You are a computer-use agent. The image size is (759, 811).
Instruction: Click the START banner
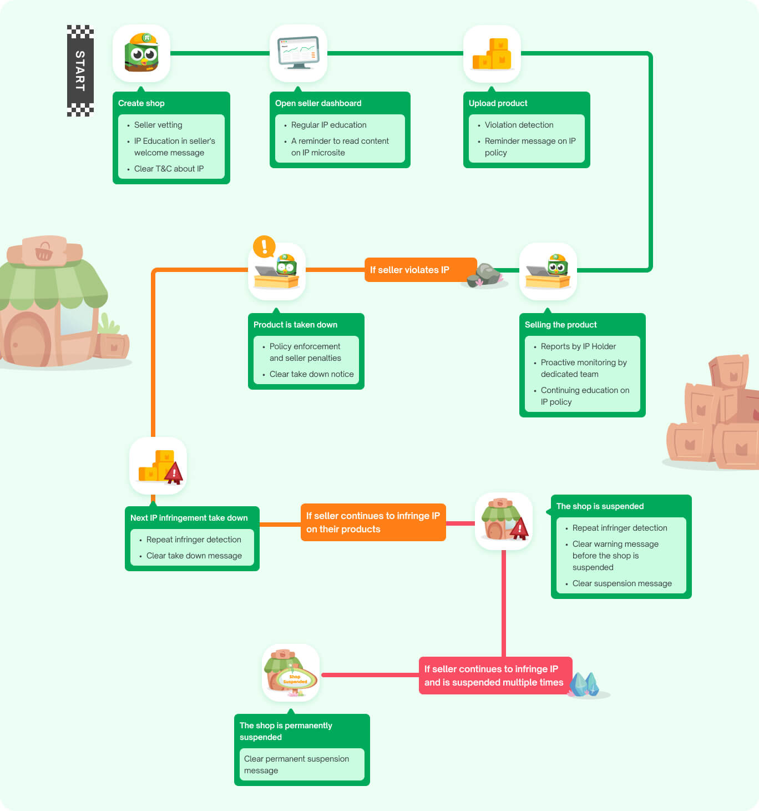point(80,70)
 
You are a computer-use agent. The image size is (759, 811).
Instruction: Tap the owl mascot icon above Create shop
point(141,53)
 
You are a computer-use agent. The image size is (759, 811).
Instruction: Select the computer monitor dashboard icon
point(298,53)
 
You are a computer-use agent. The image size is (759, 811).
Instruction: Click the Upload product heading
point(498,103)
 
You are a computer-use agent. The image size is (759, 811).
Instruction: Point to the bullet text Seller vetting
point(158,125)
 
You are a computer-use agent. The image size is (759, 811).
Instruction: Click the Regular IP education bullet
point(328,125)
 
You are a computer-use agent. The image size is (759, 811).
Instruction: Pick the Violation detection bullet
point(519,125)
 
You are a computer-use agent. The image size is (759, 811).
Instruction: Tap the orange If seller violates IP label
point(409,270)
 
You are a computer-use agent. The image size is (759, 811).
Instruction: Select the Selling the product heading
point(560,325)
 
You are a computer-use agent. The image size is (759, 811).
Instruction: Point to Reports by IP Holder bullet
point(578,346)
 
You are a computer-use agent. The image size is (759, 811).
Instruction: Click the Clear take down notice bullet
point(311,374)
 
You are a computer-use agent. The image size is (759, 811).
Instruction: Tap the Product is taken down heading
point(295,325)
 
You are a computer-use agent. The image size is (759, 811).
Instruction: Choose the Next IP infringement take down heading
point(189,518)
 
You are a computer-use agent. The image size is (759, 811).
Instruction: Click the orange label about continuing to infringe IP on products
point(373,522)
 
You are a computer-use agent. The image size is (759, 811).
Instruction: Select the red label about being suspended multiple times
point(494,676)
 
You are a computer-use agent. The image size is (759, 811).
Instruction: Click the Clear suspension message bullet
point(622,583)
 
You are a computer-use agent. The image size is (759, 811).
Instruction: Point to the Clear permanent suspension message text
point(296,764)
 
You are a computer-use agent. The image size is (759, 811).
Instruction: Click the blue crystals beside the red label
point(585,684)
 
